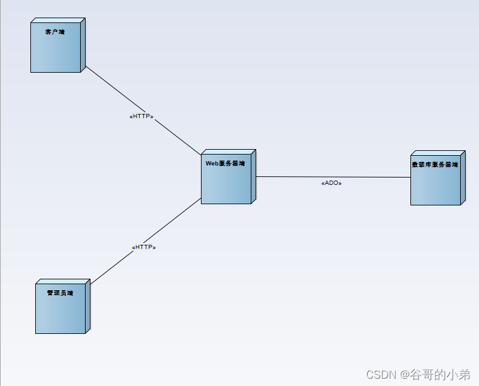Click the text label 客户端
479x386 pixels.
pyautogui.click(x=55, y=32)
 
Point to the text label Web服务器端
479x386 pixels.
pyautogui.click(x=225, y=164)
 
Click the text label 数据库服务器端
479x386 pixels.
pyautogui.click(x=435, y=164)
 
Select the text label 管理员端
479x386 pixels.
pyautogui.click(x=59, y=293)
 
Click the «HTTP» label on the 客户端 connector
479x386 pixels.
pyautogui.click(x=141, y=116)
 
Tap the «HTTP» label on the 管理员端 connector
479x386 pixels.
pyautogui.click(x=144, y=247)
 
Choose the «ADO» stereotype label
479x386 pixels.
pyautogui.click(x=331, y=183)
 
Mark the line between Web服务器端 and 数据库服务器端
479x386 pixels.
pyautogui.click(x=364, y=177)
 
